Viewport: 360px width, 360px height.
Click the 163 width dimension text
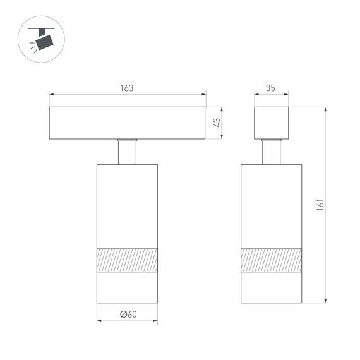127,88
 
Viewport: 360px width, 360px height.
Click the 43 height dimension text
216,123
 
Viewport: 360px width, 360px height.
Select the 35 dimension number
270,88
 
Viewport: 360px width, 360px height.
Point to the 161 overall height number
320,204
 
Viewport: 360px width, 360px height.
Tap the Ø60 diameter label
128,315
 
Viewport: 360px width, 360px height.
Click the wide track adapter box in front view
127,123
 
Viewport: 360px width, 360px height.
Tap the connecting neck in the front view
127,152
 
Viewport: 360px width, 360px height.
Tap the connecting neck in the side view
272,152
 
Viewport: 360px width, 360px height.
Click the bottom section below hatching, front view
127,287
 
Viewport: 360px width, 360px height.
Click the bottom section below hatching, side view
271,287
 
